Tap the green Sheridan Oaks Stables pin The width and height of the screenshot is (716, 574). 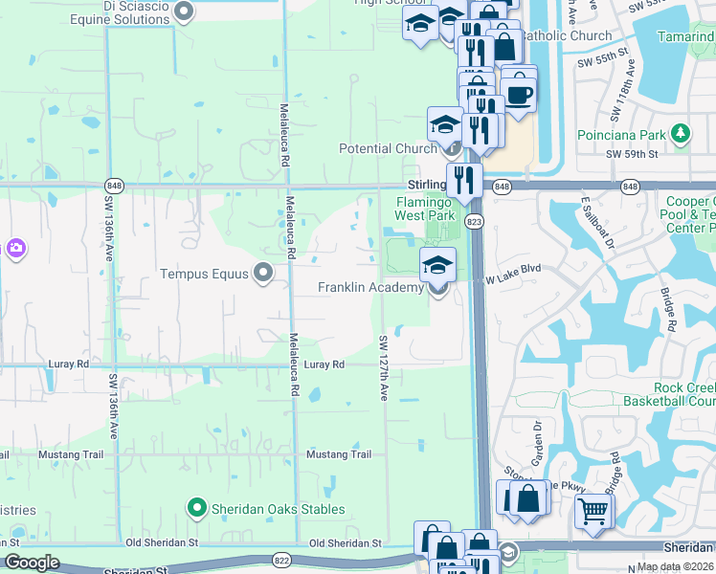point(197,508)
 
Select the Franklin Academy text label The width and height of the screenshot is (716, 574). point(370,287)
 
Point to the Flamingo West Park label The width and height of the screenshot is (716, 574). point(423,209)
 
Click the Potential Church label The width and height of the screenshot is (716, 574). point(388,148)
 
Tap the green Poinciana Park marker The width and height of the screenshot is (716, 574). point(681,133)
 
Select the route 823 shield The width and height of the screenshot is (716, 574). point(474,222)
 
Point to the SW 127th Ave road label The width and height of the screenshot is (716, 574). point(383,366)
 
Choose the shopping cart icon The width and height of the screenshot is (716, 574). point(593,512)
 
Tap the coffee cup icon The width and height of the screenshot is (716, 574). point(519,94)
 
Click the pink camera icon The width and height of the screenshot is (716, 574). point(15,249)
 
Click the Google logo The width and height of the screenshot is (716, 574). point(31,563)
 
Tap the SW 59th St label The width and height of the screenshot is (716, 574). point(632,153)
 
